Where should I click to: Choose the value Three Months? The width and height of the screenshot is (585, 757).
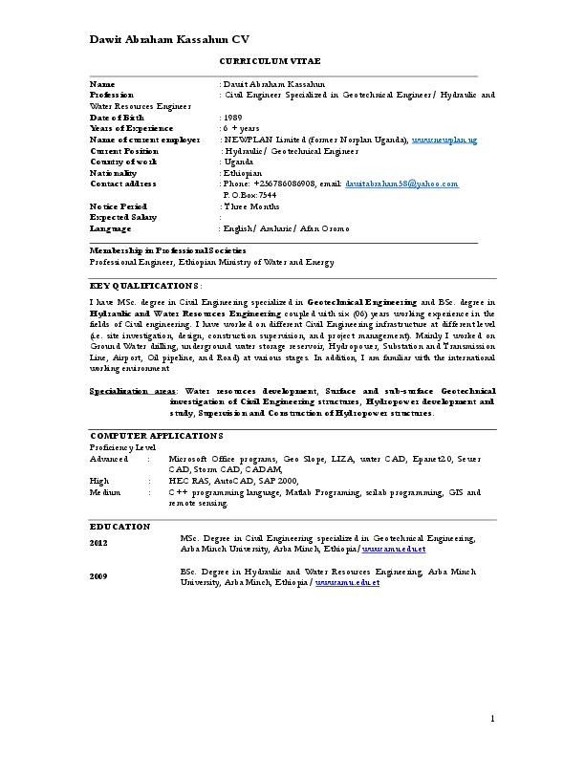(249, 205)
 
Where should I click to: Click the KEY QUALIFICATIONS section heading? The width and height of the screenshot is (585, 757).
(144, 285)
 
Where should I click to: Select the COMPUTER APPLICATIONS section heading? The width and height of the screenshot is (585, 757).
(149, 435)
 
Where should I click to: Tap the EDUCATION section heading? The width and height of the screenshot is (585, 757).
(120, 526)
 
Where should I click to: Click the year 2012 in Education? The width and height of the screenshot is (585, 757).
(99, 543)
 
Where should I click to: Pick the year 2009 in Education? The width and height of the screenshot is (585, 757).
(99, 576)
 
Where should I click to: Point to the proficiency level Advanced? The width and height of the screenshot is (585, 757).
(109, 459)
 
